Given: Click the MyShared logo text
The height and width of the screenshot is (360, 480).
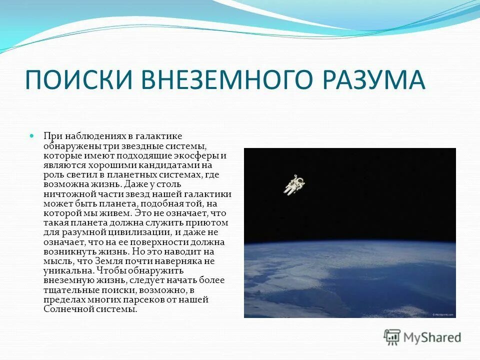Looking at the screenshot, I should tap(432, 337).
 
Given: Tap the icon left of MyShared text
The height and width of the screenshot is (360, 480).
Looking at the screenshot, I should tap(392, 337).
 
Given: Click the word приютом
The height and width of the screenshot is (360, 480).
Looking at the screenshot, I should tap(210, 223).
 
